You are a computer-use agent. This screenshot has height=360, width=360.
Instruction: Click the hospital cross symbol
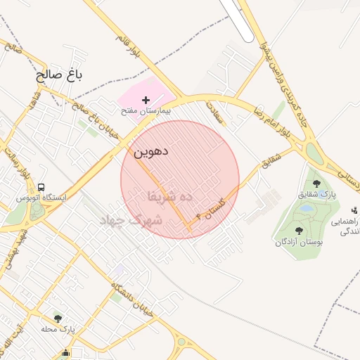[146, 101]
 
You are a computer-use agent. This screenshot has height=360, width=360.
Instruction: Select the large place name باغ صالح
[59, 75]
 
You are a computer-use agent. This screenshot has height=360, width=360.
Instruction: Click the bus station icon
[41, 188]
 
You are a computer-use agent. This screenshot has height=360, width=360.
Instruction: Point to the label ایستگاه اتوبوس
[42, 198]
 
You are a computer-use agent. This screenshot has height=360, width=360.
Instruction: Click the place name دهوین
[150, 150]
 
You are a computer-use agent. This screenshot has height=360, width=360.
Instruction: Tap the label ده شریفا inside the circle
[169, 196]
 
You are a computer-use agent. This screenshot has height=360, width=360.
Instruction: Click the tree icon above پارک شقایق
[316, 183]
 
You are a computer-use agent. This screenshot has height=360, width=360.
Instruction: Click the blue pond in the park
[305, 208]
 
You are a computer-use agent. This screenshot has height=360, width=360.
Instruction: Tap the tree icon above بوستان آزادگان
[300, 231]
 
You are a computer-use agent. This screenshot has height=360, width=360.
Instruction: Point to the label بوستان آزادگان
[300, 242]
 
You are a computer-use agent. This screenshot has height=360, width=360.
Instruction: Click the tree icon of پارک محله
[58, 319]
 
